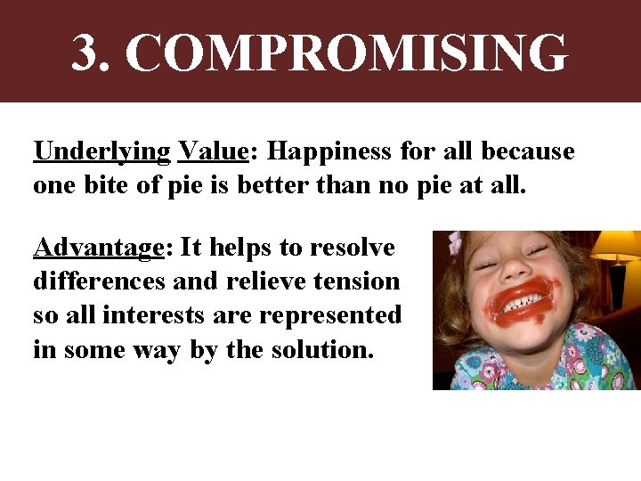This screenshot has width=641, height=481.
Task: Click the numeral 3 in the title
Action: (x=87, y=53)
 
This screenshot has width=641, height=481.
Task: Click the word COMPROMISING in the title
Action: (x=346, y=53)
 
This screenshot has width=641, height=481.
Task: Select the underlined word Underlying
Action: (x=101, y=152)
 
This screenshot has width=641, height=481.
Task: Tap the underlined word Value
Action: (x=213, y=151)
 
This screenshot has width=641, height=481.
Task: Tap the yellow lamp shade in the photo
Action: (x=619, y=244)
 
